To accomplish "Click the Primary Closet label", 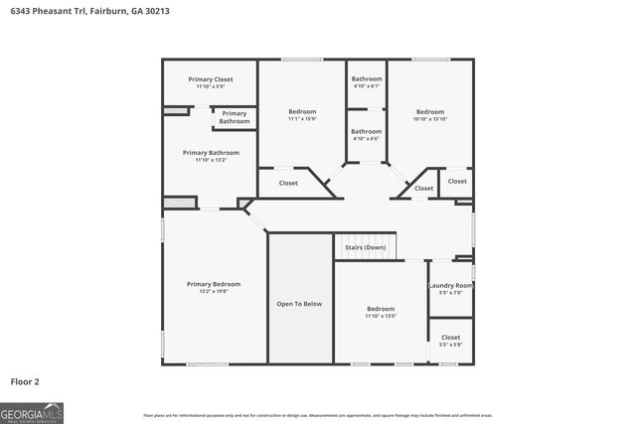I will point(211,78).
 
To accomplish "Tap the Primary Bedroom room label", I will point(214,284).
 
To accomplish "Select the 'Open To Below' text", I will point(299,303).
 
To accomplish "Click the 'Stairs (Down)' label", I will point(365,247).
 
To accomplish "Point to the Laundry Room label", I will point(450,286).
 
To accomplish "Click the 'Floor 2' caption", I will point(25,380).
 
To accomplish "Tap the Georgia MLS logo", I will point(32,412).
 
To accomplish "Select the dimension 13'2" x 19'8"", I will point(214,292).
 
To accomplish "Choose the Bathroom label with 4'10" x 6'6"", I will point(366,131).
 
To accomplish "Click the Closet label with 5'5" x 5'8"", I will point(450,338).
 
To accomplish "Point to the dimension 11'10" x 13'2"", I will point(211,160).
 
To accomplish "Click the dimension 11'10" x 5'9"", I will point(211,86).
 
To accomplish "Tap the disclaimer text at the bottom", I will point(317,415).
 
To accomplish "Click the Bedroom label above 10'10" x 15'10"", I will point(430,112).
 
